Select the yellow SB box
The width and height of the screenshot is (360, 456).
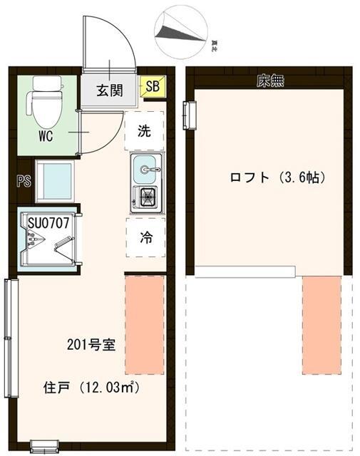point(152,88)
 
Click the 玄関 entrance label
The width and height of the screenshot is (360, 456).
point(110,90)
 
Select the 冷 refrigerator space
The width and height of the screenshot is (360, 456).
point(145,239)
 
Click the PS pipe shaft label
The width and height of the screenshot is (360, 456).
point(22,181)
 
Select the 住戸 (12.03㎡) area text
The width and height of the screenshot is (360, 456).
point(91,388)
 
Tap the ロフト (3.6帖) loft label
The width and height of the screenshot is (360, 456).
point(277,177)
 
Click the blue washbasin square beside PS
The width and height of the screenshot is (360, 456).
point(54,182)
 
